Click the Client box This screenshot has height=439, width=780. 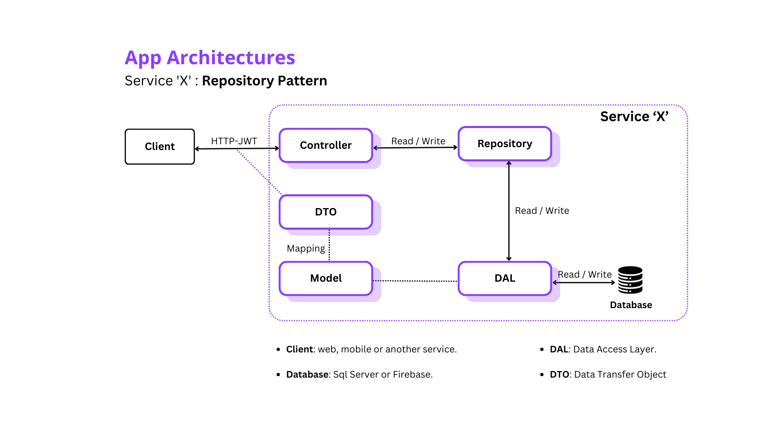(x=160, y=147)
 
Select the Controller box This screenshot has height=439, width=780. (x=326, y=146)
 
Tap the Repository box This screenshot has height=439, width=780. (x=505, y=144)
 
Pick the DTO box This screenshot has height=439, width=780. (x=326, y=212)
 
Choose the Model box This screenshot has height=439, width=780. (x=326, y=278)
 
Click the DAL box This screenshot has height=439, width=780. (x=505, y=278)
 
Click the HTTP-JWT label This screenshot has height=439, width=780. (x=234, y=141)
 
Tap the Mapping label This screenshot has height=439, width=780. (x=305, y=248)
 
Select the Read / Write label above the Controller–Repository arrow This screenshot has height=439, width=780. (x=418, y=141)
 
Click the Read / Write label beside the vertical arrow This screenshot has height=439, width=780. (x=542, y=211)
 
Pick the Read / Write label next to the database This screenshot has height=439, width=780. (x=585, y=274)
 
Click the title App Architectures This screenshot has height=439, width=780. (x=210, y=57)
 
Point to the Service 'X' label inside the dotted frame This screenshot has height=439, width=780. (x=634, y=117)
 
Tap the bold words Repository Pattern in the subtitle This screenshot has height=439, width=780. (x=264, y=81)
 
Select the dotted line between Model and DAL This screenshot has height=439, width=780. (x=415, y=280)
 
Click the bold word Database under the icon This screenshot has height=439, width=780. (x=631, y=305)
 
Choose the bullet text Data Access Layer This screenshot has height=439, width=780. (x=614, y=349)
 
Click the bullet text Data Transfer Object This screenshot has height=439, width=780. (x=620, y=374)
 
